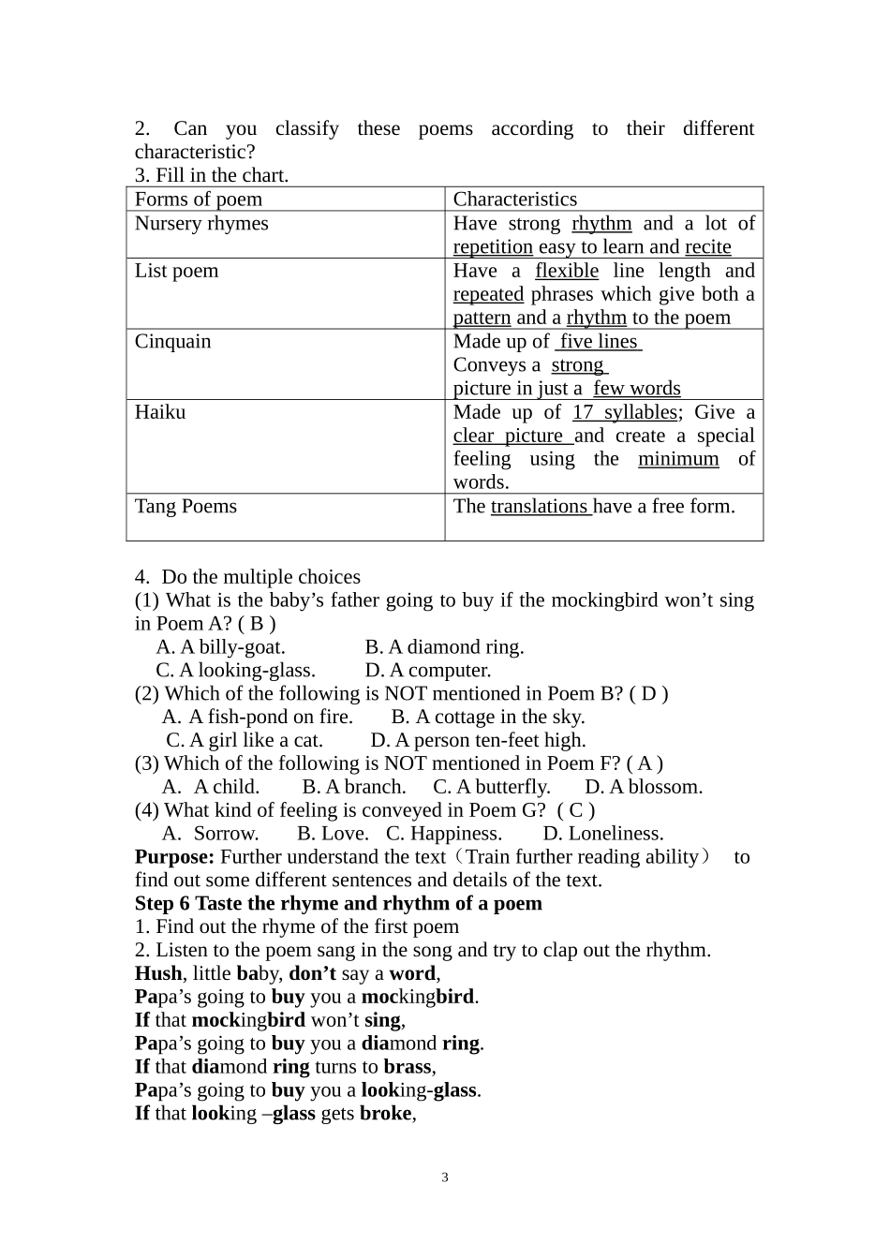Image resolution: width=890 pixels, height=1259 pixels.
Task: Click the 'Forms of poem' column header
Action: coord(199,200)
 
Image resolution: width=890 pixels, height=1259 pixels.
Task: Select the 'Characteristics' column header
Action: coord(514,200)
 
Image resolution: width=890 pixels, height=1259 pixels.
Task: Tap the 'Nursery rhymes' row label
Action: coord(201,224)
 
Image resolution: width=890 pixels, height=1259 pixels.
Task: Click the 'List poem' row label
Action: coord(176,272)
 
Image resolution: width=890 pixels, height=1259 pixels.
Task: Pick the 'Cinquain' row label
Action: coord(172,342)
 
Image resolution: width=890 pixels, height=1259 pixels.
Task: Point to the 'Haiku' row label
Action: coord(160,412)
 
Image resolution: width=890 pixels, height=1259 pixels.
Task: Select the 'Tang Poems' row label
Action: coord(185,507)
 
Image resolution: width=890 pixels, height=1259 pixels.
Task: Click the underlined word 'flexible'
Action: coord(566,272)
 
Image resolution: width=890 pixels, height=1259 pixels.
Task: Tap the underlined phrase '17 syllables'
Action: coord(625,412)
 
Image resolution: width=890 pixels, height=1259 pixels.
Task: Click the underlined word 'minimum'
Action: coord(678,459)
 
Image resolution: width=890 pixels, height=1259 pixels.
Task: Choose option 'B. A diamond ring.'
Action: coord(444,647)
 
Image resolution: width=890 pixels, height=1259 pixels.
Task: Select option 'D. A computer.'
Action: coord(427,671)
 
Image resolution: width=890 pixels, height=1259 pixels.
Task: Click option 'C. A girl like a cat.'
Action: coord(245,740)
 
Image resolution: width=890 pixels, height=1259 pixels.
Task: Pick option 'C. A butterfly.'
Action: coord(492,787)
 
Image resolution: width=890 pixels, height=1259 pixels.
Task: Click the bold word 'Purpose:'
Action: coord(174,857)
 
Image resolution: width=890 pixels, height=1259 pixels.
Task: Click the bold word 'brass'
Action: coord(407,1067)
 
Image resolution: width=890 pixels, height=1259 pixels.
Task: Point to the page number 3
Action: coord(445,1178)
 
